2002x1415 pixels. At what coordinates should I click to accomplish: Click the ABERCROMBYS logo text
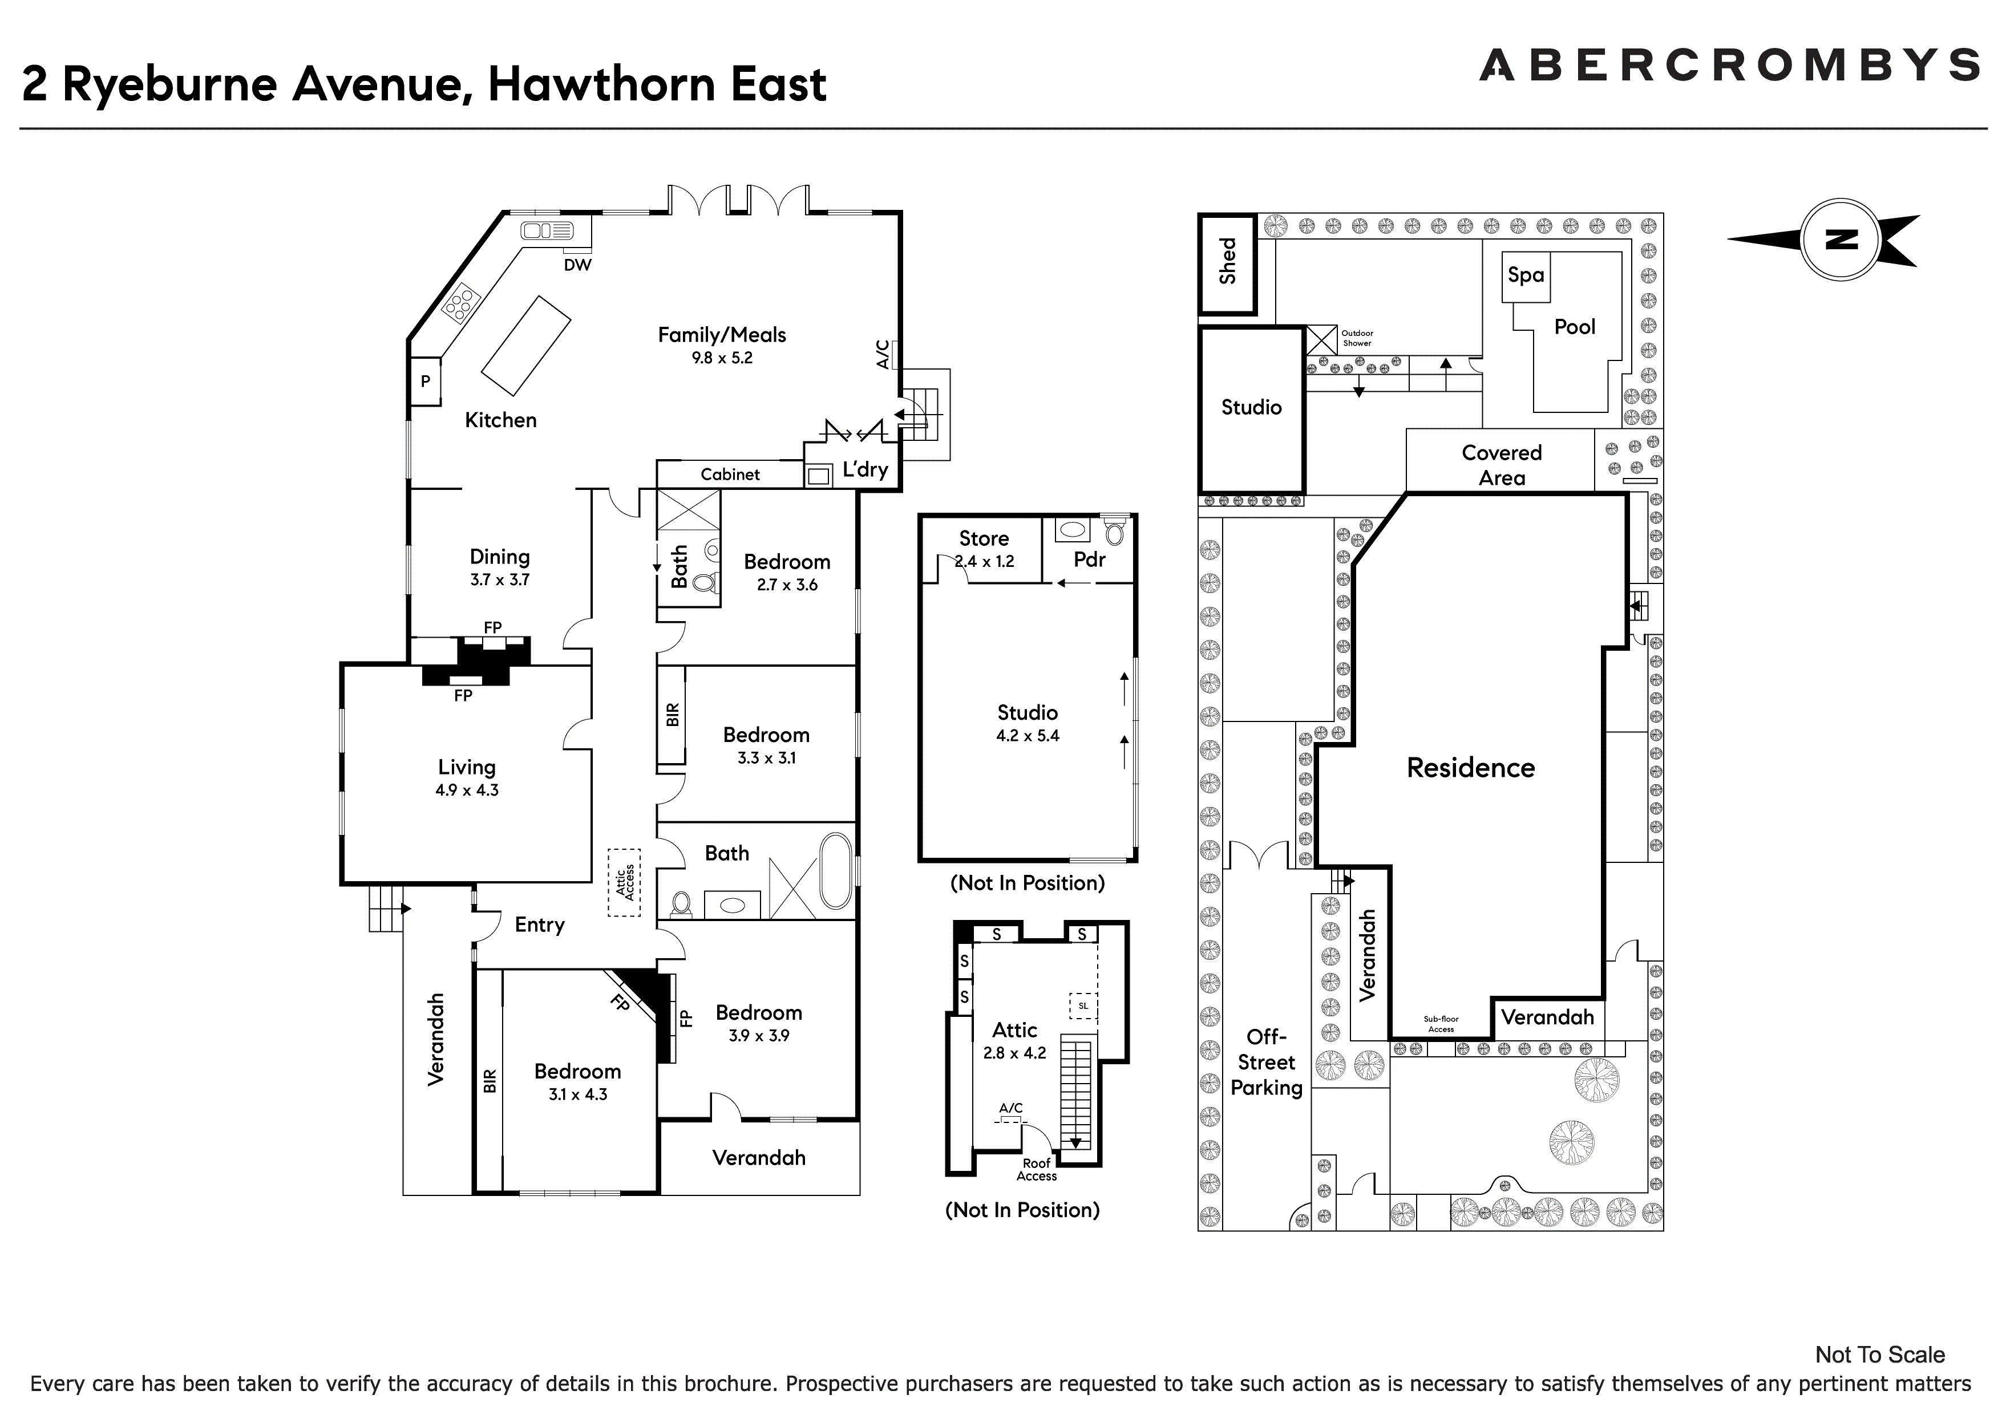tap(1730, 66)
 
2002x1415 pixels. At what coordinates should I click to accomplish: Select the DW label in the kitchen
tap(577, 265)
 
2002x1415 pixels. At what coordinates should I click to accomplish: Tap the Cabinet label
tap(730, 475)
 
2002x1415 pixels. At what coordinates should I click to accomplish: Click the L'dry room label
tap(865, 470)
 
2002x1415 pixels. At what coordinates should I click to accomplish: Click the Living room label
tap(467, 767)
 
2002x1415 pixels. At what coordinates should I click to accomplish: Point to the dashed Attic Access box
tap(624, 882)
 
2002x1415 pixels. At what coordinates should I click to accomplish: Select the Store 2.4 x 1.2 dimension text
tap(984, 561)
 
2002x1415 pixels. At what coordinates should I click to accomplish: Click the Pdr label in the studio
tap(1090, 559)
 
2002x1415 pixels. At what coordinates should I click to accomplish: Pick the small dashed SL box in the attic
tap(1083, 1006)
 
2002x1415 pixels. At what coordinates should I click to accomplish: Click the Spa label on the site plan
tap(1526, 275)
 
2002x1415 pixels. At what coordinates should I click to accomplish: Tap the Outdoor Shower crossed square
tap(1321, 340)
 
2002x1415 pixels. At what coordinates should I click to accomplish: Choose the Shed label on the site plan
tap(1228, 262)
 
